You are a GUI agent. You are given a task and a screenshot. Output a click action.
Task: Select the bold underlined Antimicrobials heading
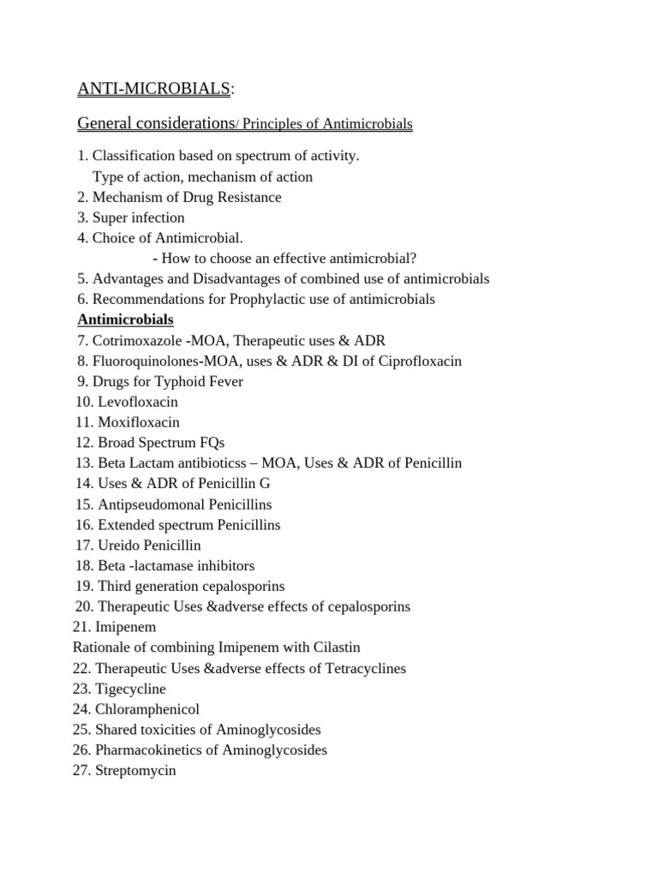tap(125, 319)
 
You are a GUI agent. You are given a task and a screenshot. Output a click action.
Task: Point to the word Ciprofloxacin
tap(417, 361)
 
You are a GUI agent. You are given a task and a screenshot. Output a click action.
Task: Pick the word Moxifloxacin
tap(139, 422)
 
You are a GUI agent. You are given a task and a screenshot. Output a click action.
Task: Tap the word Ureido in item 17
tap(119, 546)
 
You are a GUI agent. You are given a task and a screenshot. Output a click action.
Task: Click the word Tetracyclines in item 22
tap(361, 668)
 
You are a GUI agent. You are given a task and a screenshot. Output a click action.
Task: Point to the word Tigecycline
tap(131, 689)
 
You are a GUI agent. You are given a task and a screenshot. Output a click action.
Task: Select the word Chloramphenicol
tap(147, 709)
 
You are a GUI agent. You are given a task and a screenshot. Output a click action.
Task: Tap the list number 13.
tap(84, 463)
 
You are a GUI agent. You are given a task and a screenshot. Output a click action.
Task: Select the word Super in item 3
tap(110, 218)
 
